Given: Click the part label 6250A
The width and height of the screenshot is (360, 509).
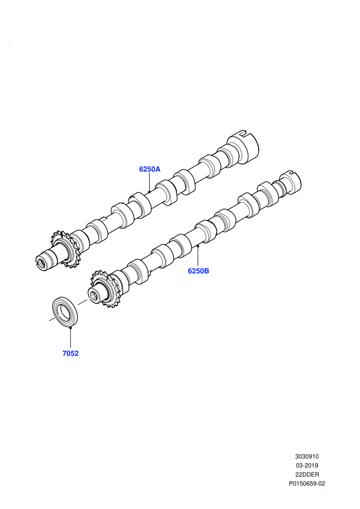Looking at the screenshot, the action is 150,169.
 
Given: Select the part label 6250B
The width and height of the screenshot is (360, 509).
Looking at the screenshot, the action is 199,271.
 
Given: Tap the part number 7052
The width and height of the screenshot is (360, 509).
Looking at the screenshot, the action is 70,354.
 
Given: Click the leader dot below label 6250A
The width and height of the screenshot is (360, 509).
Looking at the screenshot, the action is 149,192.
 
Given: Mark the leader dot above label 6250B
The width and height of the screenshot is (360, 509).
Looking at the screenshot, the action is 197,246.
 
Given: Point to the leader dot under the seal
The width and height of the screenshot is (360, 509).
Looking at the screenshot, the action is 70,328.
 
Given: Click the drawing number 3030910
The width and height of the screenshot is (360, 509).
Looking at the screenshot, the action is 307,457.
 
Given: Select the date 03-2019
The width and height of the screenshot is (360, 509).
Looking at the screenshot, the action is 307,465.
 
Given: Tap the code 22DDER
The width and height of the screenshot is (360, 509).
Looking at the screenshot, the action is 307,475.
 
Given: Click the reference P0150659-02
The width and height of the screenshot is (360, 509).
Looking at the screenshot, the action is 307,484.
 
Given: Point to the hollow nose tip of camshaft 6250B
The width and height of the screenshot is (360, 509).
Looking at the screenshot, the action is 94,296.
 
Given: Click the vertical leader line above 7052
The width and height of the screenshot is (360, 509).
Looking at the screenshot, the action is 70,338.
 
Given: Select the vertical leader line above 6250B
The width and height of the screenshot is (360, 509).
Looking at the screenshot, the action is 197,257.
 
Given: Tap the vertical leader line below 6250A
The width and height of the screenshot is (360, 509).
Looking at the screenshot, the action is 149,182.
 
